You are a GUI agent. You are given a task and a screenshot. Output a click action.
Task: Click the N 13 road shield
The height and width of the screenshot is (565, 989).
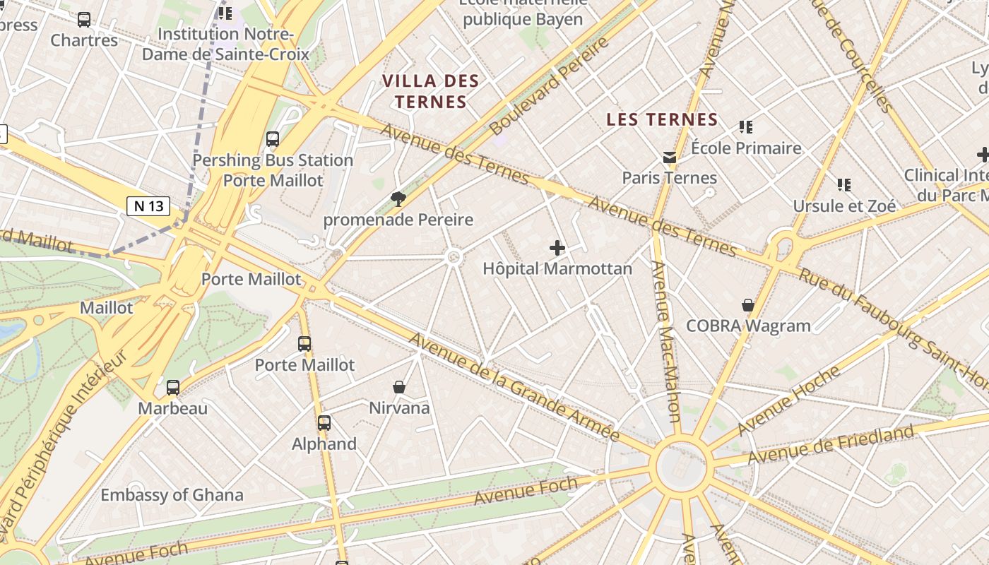(x=148, y=206)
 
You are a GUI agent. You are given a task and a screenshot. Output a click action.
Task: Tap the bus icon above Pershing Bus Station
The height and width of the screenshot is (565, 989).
(x=273, y=139)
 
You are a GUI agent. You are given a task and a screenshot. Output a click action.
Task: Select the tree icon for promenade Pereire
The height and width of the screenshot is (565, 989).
(x=398, y=198)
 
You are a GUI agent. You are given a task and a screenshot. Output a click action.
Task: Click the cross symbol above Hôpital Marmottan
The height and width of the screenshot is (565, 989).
(x=557, y=248)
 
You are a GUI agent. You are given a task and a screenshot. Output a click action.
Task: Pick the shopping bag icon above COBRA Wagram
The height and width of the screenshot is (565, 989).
(x=748, y=305)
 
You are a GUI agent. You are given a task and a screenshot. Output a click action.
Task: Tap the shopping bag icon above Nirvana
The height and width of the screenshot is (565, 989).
(x=399, y=387)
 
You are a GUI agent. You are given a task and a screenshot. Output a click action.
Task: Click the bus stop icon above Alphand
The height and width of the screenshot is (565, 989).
(x=324, y=423)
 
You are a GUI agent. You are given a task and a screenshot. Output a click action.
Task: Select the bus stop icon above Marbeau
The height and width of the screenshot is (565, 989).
(x=173, y=387)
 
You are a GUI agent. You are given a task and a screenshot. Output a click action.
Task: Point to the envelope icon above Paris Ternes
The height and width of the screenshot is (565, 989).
(x=669, y=157)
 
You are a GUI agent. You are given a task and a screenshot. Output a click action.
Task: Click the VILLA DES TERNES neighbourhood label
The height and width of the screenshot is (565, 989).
(x=431, y=92)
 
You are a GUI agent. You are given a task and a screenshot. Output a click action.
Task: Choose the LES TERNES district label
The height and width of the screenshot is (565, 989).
(x=662, y=120)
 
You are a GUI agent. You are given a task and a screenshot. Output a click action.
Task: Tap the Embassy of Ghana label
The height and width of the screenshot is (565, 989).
(x=172, y=495)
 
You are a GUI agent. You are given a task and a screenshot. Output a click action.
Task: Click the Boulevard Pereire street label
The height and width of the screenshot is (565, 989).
(x=549, y=87)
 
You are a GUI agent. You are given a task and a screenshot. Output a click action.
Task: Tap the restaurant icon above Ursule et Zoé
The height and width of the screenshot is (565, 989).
(x=843, y=185)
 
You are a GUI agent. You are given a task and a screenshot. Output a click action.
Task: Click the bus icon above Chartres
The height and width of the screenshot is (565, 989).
(x=84, y=20)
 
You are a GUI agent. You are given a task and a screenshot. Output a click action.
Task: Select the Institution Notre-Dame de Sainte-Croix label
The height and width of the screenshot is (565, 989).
(x=226, y=44)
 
